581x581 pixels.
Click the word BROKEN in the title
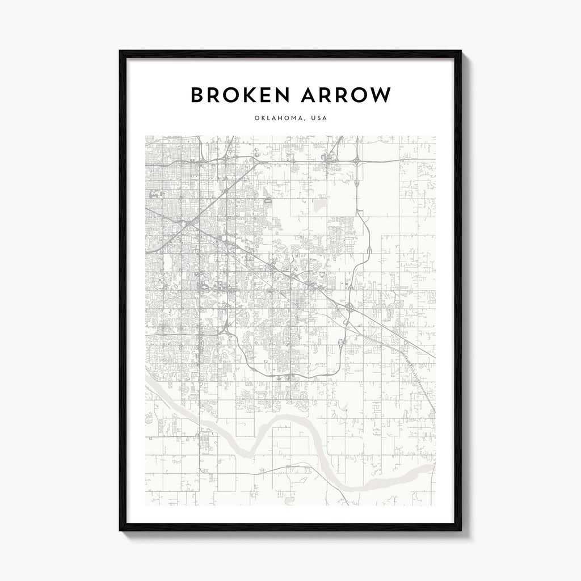(x=240, y=95)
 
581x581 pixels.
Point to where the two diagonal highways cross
(x=188, y=225)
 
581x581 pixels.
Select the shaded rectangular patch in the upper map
(x=319, y=203)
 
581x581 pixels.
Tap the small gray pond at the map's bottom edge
(x=290, y=501)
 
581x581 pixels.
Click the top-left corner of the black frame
(x=120, y=51)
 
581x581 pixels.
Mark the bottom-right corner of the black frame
(x=461, y=531)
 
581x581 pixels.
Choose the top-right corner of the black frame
(x=461, y=51)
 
